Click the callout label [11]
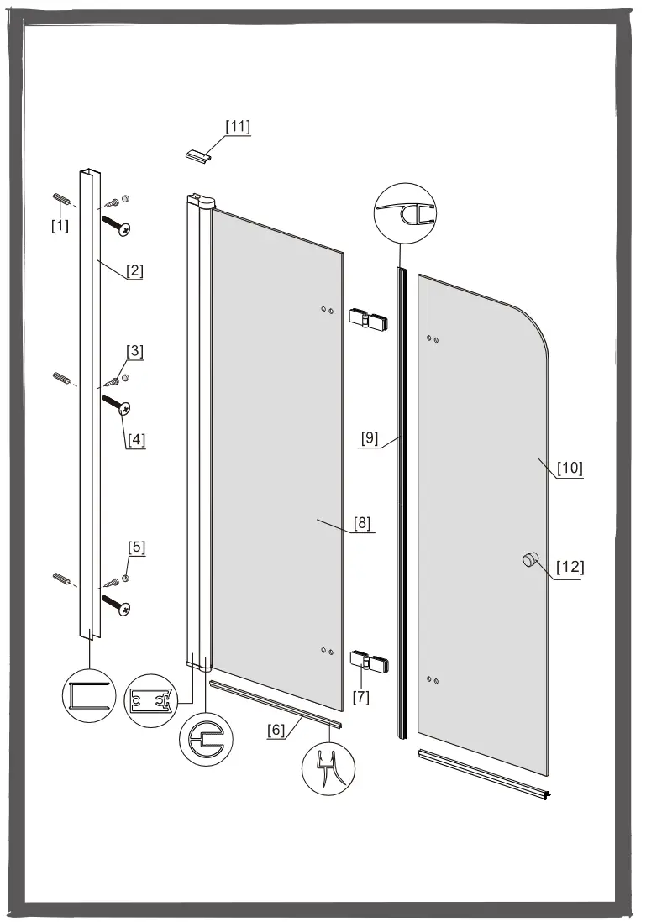(238, 127)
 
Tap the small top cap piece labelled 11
(197, 156)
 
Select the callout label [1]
(60, 224)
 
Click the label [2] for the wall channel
(134, 271)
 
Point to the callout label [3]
(134, 351)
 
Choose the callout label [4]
(136, 440)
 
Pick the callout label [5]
(136, 547)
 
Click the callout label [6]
(276, 731)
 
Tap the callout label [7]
(360, 698)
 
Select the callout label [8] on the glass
(362, 523)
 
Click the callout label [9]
(370, 438)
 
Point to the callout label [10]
(570, 468)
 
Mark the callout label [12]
(570, 567)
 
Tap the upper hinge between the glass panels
(369, 319)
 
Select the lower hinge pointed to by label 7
(369, 660)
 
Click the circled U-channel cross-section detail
(89, 696)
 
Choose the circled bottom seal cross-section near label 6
(328, 768)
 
